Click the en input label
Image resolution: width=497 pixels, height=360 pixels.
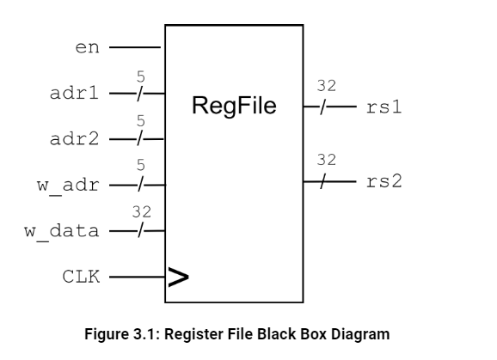pyautogui.click(x=88, y=47)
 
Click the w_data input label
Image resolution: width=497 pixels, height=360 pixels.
pyautogui.click(x=67, y=231)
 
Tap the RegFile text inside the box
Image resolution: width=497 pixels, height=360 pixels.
pyautogui.click(x=234, y=107)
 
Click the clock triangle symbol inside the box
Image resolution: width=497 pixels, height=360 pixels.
pyautogui.click(x=178, y=277)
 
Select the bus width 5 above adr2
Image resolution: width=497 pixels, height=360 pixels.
pyautogui.click(x=141, y=122)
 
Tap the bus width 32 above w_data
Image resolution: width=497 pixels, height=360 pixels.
pyautogui.click(x=141, y=211)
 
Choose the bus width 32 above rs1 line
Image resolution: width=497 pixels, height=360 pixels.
pyautogui.click(x=326, y=86)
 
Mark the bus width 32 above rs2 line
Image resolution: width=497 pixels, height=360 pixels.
pyautogui.click(x=326, y=160)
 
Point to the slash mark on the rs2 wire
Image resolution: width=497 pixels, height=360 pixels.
pyautogui.click(x=323, y=181)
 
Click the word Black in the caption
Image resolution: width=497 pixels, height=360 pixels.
pyautogui.click(x=281, y=333)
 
